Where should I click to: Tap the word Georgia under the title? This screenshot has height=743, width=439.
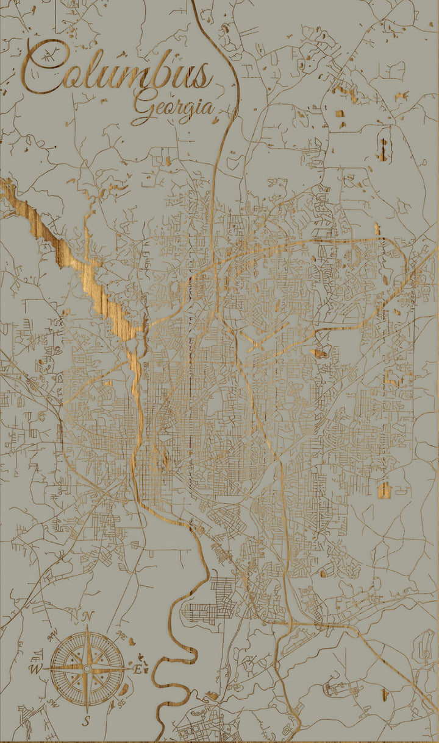[174, 107]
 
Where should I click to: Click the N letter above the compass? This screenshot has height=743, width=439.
[87, 616]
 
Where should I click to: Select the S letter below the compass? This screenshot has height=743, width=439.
[87, 721]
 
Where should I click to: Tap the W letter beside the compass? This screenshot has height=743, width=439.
[34, 669]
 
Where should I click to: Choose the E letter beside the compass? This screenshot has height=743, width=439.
[138, 669]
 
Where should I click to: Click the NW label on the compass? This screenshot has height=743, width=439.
[53, 636]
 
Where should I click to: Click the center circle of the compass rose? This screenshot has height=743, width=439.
[87, 669]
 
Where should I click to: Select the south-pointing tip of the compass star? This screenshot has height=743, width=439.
[87, 711]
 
